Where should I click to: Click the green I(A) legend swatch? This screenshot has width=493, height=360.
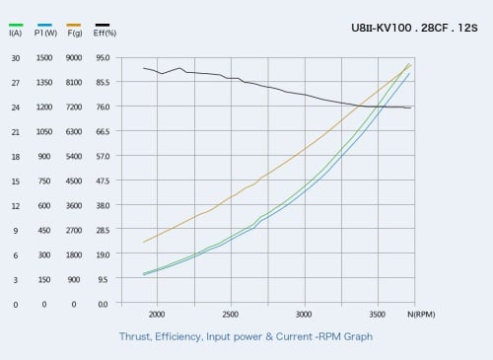coord(16,25)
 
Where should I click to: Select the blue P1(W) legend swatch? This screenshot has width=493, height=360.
coord(44,25)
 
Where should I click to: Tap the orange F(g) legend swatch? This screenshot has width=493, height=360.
coord(74,25)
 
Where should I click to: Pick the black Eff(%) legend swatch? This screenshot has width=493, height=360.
coord(103,25)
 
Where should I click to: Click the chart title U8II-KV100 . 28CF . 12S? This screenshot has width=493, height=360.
coord(414,28)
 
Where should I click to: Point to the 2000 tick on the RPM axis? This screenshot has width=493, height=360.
coord(157,315)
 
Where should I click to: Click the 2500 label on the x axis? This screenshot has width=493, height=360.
coord(230,315)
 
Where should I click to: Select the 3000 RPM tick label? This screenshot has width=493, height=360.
coord(304,315)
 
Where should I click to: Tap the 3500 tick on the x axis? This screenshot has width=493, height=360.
coord(377,315)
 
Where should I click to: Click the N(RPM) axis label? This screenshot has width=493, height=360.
coord(421,315)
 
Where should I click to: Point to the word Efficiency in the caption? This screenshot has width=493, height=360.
coord(178,337)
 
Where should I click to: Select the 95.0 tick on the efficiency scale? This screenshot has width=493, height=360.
coord(103,58)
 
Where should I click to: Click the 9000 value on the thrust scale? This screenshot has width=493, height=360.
coord(74,58)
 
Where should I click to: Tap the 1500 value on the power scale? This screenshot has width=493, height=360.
coord(44,58)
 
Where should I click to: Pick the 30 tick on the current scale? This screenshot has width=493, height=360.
coord(16,58)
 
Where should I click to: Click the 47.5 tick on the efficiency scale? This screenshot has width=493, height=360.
coord(103,180)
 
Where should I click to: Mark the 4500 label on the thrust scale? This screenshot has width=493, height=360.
coord(74,180)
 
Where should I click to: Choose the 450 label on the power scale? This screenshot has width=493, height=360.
coord(44,230)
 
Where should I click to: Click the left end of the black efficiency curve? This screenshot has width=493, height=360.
coord(143,68)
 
